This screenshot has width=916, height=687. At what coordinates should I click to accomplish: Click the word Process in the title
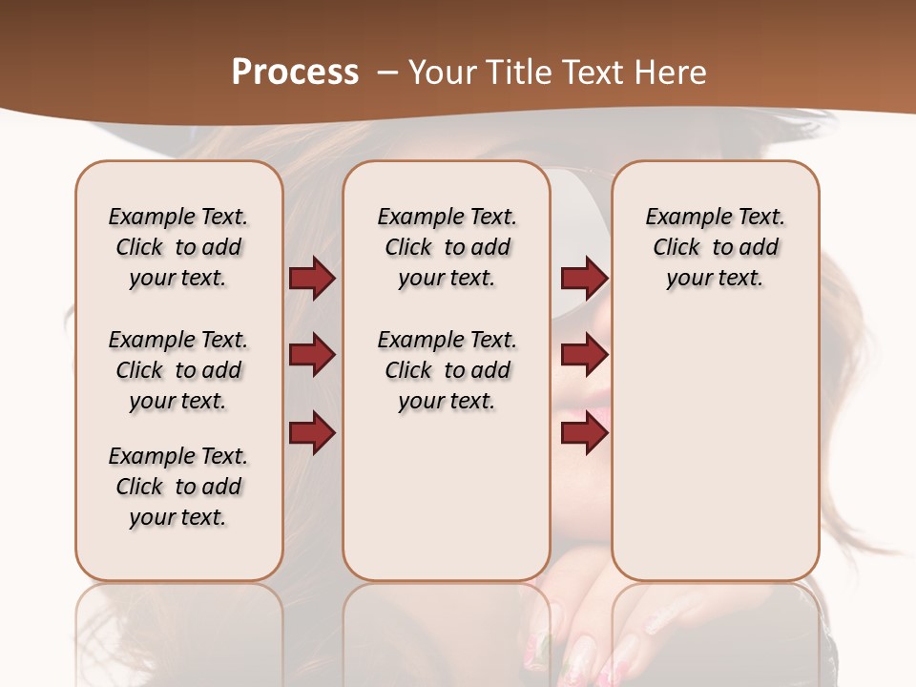(295, 72)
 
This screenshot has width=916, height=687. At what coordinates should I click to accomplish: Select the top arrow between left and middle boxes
(312, 278)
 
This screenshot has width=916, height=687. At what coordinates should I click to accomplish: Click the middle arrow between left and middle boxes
(312, 355)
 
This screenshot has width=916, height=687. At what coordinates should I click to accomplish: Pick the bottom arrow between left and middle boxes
(312, 432)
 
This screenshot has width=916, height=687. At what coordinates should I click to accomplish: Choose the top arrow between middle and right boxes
(584, 278)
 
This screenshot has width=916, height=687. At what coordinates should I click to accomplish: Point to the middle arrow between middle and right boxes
(584, 355)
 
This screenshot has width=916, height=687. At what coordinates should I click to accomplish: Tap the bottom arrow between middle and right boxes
(584, 432)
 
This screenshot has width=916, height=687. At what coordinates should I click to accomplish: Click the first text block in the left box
(178, 247)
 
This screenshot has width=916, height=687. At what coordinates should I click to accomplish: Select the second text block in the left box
(178, 370)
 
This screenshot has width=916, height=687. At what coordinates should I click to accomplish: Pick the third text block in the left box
(178, 487)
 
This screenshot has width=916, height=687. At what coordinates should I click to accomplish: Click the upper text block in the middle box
(447, 247)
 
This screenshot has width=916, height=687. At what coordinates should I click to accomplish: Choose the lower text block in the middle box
(447, 370)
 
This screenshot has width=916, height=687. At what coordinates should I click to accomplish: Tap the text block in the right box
(715, 247)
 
